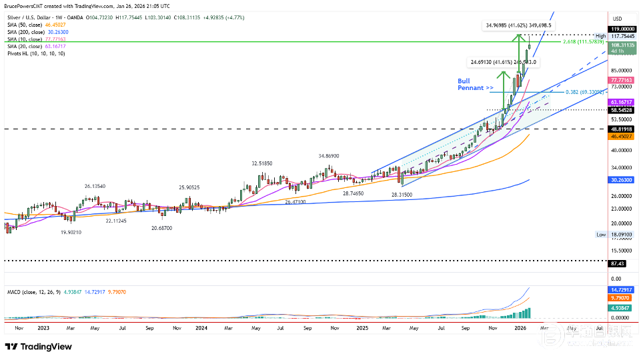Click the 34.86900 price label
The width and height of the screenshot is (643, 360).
[x=330, y=156]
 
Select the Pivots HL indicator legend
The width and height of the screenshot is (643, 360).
[x=36, y=53]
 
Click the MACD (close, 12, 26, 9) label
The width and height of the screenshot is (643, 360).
[x=30, y=291]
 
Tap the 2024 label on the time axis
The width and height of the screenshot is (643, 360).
[x=202, y=329]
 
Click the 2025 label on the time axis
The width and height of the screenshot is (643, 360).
[x=362, y=329]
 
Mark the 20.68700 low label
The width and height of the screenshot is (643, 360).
[x=161, y=228]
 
